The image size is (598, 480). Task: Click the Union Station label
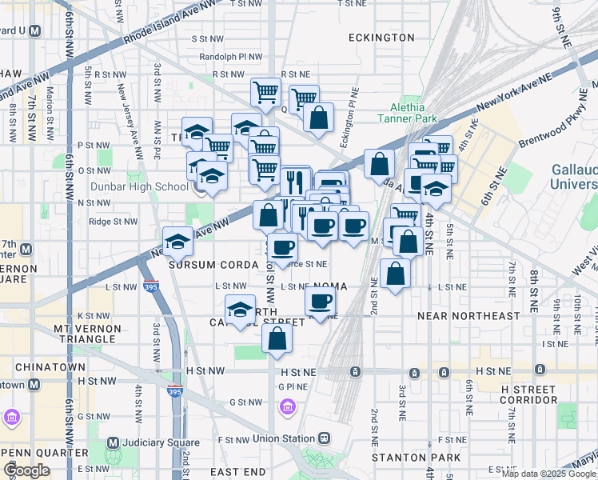tap(283, 438)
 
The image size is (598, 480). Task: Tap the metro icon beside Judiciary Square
tap(113, 442)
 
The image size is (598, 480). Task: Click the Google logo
tap(27, 470)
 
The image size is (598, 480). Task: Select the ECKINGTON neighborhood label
tap(381, 38)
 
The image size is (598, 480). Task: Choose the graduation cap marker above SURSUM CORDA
tap(177, 241)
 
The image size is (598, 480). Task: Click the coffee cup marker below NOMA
tap(321, 302)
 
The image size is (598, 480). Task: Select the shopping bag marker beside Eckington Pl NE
tap(318, 118)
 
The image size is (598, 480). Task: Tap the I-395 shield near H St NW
tap(176, 391)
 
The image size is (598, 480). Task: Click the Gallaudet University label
tap(573, 177)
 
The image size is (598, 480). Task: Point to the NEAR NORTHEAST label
tap(468, 316)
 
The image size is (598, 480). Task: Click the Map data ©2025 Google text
tap(549, 474)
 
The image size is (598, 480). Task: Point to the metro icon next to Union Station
tap(324, 438)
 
